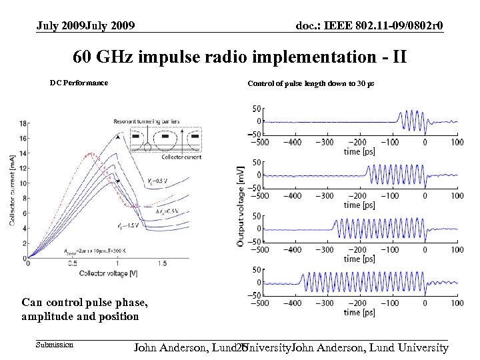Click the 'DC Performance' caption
(79, 83)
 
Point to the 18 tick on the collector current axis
(23, 123)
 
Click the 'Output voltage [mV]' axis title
(240, 207)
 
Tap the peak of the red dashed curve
(89, 154)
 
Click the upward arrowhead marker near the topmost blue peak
(118, 137)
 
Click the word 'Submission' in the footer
(55, 345)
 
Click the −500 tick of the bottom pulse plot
(261, 303)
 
